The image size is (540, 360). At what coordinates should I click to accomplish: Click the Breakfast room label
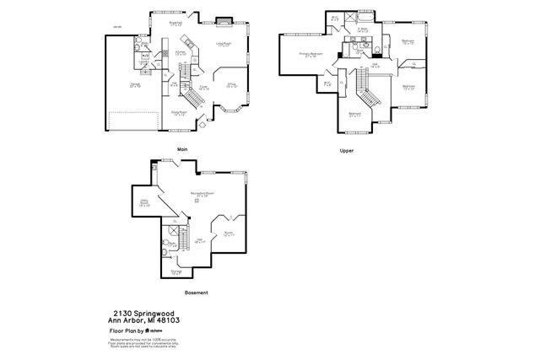click(176, 24)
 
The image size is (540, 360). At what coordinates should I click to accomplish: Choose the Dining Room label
click(180, 112)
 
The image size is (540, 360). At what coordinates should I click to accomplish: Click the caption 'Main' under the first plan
click(181, 150)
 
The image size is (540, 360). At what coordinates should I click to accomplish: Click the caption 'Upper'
click(346, 150)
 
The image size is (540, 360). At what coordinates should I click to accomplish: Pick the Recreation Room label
click(202, 195)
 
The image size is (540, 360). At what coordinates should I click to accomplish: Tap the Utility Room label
click(144, 203)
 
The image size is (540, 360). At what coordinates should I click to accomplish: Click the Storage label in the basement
click(176, 271)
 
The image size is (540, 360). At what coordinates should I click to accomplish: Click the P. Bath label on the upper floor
click(363, 30)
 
